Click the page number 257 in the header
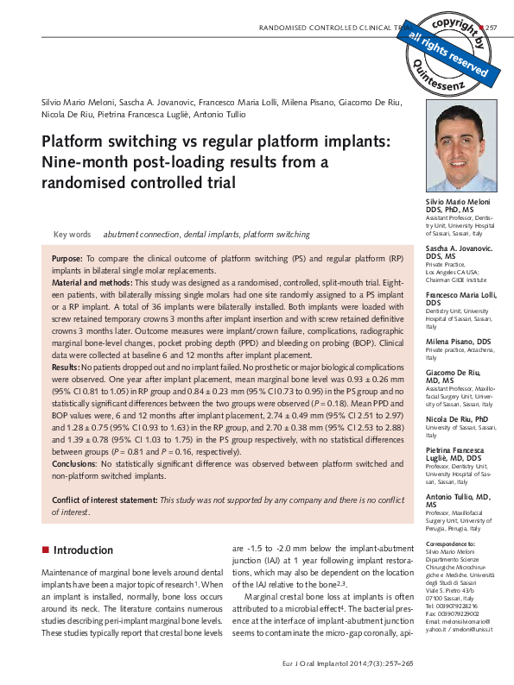[492, 28]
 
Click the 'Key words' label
[72, 235]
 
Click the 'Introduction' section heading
[83, 550]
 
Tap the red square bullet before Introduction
[45, 550]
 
